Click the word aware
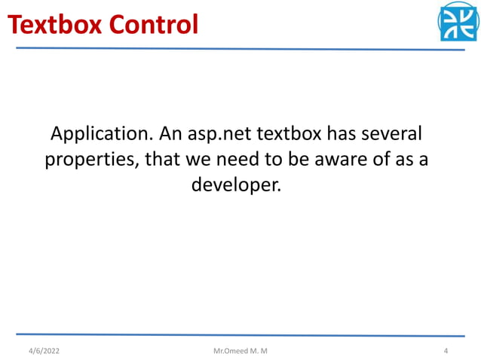click(x=345, y=160)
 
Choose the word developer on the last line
click(x=235, y=185)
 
